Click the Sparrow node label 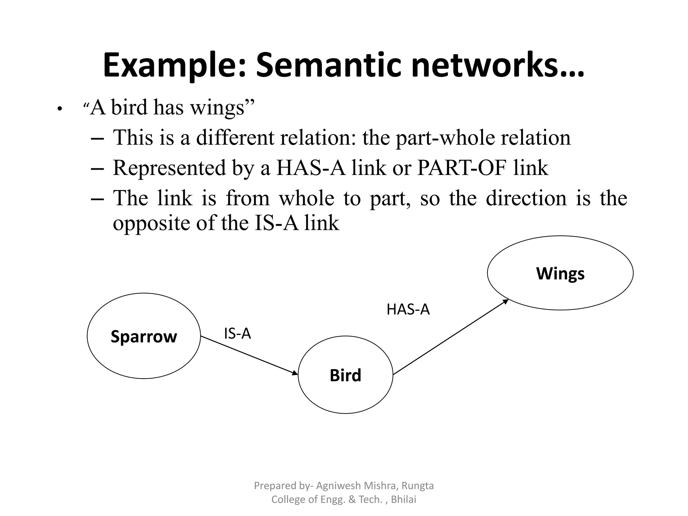coord(144,337)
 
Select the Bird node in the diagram coord(345,375)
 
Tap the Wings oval coord(560,273)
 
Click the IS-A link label coord(238,334)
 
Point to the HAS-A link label coord(408,309)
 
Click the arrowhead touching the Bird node coord(295,373)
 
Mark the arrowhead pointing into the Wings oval coord(505,301)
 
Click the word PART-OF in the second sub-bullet coord(461,168)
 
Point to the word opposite coord(152,224)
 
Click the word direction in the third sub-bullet coord(526,198)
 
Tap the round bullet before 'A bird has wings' coord(59,109)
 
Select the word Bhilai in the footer coord(403,500)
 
